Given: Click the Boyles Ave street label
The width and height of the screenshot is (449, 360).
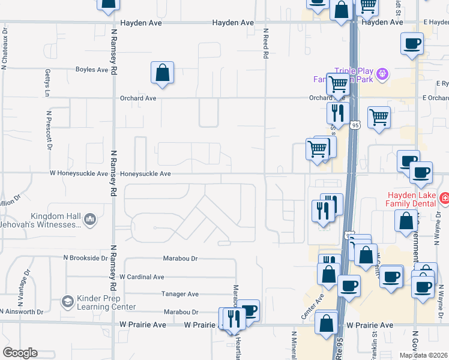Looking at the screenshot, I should click(92, 70).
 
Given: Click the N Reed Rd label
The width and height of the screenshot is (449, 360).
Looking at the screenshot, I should click(265, 43).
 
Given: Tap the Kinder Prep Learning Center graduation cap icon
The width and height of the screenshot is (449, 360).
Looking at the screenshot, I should click(68, 301).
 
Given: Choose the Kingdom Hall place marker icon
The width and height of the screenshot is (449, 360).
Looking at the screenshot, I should click(90, 219).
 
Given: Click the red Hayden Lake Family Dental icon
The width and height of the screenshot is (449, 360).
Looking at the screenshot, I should click(444, 197).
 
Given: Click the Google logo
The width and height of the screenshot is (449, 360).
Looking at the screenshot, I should click(20, 353).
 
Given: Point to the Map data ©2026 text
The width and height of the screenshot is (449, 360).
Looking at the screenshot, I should click(423, 355).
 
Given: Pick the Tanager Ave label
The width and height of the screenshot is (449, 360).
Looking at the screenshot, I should click(180, 294).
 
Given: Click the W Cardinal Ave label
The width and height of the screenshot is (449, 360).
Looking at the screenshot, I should click(142, 277).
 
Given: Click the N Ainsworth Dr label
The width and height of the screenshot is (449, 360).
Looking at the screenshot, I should click(22, 312).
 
